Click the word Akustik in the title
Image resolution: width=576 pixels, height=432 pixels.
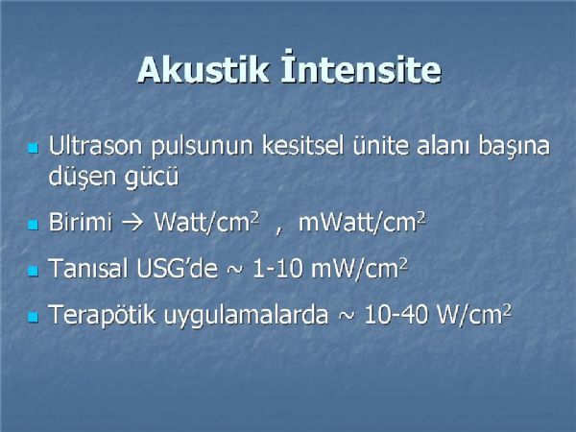[x=204, y=70]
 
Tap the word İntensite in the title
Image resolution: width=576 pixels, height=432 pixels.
[x=361, y=67]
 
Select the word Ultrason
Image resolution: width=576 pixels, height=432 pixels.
[x=95, y=146]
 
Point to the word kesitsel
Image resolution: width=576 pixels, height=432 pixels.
[x=303, y=146]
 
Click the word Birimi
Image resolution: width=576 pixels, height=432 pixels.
[x=81, y=223]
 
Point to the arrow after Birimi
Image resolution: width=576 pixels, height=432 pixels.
[x=132, y=224]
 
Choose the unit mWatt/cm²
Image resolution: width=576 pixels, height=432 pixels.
[x=362, y=222]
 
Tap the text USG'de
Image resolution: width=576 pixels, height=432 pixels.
[x=178, y=268]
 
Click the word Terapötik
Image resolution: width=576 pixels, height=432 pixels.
[x=102, y=316]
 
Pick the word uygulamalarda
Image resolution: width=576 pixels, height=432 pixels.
[x=246, y=316]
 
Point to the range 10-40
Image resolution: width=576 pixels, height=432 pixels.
[x=396, y=315]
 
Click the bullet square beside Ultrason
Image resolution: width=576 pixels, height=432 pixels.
[x=33, y=149]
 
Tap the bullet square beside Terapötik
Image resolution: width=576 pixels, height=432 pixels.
[x=33, y=317]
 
